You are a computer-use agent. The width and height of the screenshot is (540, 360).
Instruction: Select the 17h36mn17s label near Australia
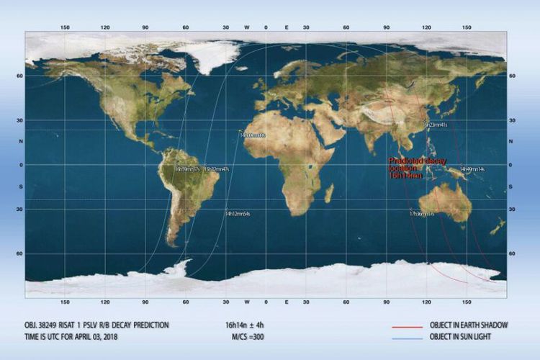coord(422,214)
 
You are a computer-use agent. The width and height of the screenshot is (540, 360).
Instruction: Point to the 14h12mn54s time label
coord(237,214)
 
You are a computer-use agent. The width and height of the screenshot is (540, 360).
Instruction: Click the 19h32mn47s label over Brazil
coord(217,169)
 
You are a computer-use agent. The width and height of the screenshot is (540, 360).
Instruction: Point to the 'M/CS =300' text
coord(246,337)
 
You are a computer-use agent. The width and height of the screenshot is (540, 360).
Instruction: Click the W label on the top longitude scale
coord(247,27)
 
